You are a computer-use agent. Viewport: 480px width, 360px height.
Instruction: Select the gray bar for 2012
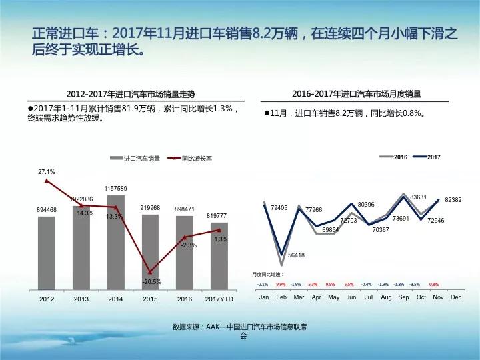pos(47,253)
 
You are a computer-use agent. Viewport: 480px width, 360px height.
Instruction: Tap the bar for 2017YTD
pos(219,257)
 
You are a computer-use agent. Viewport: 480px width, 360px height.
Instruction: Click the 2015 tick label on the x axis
pos(150,299)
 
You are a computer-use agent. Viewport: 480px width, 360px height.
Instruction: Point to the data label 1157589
pos(116,189)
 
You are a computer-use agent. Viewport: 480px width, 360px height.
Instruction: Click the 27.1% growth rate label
pos(47,171)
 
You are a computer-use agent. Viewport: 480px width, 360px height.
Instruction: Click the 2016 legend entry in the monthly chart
pos(393,157)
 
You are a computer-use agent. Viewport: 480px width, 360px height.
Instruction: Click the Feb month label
pos(281,297)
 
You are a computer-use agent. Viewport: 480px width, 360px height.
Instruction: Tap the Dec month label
pos(456,297)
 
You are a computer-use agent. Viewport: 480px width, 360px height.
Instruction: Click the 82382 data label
pos(453,199)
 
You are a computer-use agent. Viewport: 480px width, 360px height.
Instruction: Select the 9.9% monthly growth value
pos(281,284)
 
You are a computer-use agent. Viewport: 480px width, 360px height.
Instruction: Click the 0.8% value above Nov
pos(434,284)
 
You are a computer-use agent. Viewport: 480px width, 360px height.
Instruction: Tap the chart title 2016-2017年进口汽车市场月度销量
pos(357,94)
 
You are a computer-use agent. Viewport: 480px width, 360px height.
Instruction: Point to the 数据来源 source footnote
pos(243,331)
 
